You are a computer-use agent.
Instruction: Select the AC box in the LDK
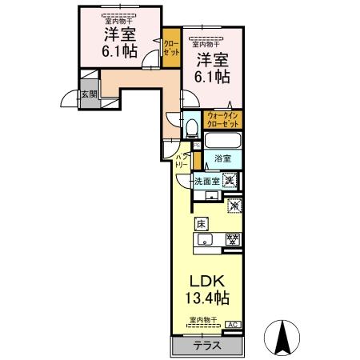[232, 324]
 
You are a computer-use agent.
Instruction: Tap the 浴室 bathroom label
[222, 159]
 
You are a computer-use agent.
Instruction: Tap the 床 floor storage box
[202, 224]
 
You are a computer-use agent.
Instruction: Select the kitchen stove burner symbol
[233, 238]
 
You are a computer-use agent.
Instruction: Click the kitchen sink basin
[204, 238]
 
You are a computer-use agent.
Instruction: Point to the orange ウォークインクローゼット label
[223, 121]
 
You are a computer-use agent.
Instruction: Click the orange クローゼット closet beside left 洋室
[170, 45]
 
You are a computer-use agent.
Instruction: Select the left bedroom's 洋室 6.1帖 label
[118, 42]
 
